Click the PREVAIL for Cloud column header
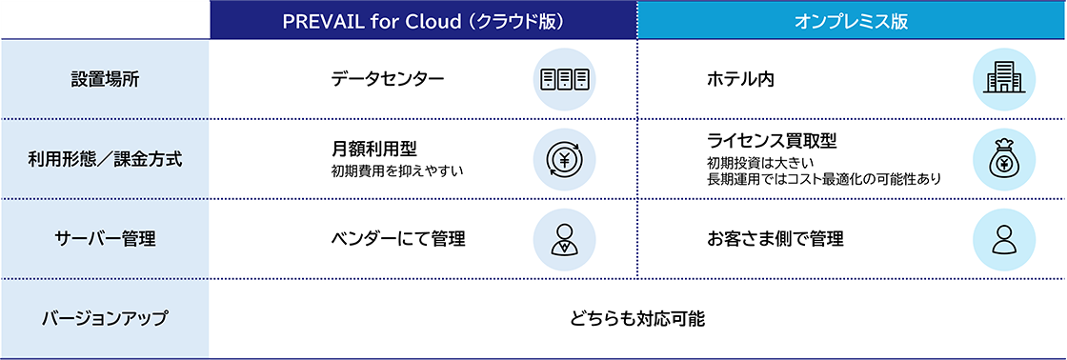tap(422, 21)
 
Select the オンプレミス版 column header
tap(851, 21)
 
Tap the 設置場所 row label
tap(104, 79)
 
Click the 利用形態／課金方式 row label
tap(104, 159)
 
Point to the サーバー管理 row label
tap(104, 239)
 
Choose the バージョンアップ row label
tap(104, 318)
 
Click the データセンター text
tap(388, 79)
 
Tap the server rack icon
tap(564, 79)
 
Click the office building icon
tap(1003, 79)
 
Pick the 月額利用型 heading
tap(374, 149)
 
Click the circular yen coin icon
tap(564, 159)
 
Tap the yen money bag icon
tap(1003, 159)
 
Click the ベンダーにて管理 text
tap(398, 239)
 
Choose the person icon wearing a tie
tap(564, 239)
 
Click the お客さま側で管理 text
tap(775, 239)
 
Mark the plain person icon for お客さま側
tap(1003, 239)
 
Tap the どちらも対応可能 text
tap(637, 318)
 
